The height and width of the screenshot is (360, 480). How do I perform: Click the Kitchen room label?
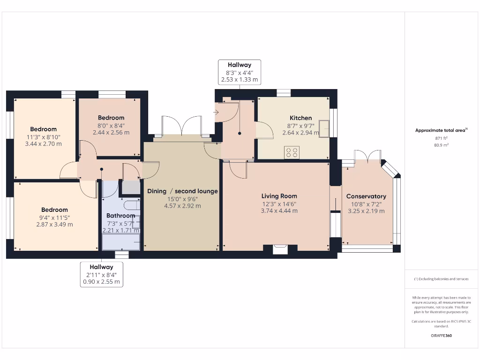(300, 118)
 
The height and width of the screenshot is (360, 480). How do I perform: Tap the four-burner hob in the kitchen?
(292, 152)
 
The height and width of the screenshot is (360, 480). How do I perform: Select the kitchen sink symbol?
(323, 128)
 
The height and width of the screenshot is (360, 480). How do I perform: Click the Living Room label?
(279, 196)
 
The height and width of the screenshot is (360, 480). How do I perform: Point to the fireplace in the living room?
(280, 249)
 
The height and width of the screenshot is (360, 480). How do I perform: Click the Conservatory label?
(366, 196)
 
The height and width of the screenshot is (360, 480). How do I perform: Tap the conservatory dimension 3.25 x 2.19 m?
(366, 211)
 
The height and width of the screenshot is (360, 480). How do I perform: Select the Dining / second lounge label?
(182, 191)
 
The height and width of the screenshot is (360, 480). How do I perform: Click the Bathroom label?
(120, 216)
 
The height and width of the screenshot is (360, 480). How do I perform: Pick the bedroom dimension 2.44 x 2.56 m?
(111, 132)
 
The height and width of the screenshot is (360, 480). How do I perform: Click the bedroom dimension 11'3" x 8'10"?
(43, 137)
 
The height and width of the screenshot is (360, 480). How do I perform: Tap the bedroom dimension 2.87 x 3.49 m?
(55, 225)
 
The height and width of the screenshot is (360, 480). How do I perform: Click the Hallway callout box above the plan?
(240, 72)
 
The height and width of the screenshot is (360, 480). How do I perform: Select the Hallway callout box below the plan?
(102, 274)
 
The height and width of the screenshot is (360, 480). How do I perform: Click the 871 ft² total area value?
(441, 138)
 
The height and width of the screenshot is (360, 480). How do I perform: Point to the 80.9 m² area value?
(441, 145)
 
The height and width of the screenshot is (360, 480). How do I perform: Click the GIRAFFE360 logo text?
(441, 336)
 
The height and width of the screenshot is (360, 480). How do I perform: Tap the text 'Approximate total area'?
(440, 130)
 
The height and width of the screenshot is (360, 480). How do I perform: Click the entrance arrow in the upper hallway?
(217, 112)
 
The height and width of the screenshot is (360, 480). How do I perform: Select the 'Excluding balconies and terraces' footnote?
(441, 279)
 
